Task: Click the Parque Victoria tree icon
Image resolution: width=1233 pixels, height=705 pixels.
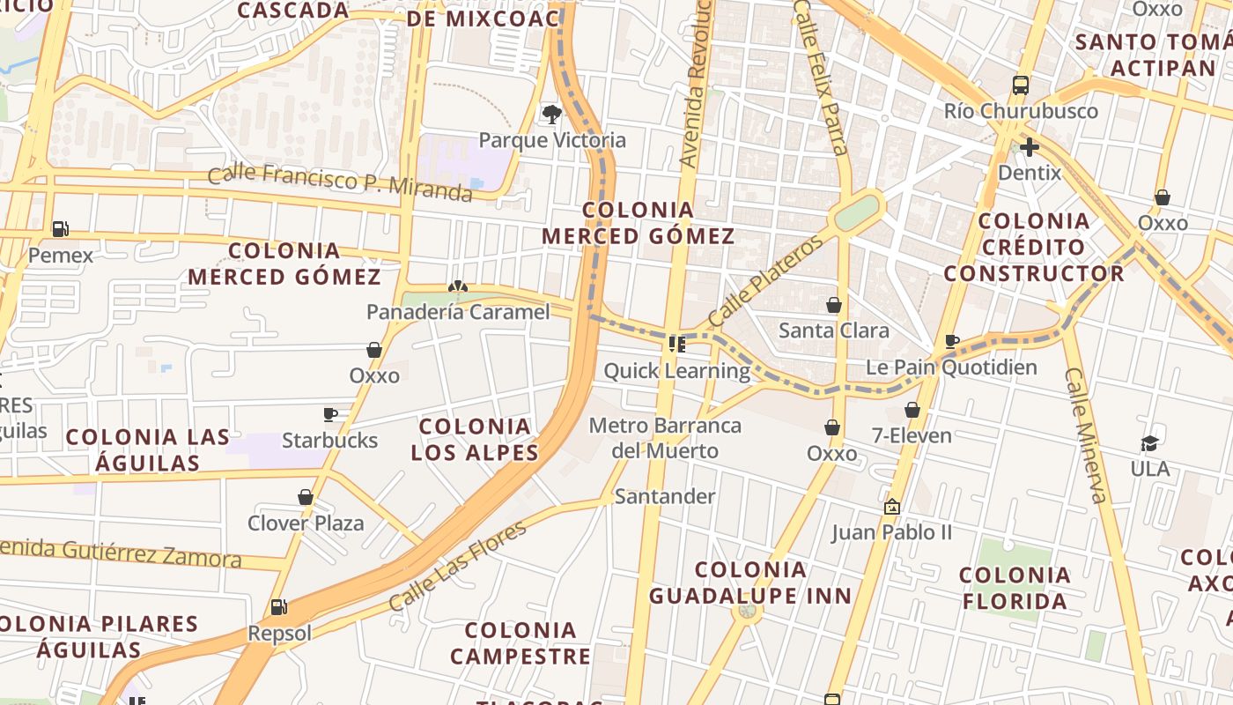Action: pyautogui.click(x=552, y=114)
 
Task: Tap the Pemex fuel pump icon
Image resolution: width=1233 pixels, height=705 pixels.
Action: pyautogui.click(x=60, y=229)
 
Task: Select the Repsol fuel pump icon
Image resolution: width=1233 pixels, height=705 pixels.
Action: pyautogui.click(x=279, y=606)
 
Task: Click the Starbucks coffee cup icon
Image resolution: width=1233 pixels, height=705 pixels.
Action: pyautogui.click(x=330, y=414)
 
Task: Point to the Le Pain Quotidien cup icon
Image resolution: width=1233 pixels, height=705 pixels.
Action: pyautogui.click(x=951, y=341)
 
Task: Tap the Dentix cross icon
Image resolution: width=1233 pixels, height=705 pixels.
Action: pyautogui.click(x=1029, y=146)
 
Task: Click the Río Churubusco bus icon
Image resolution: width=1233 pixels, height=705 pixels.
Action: pyautogui.click(x=1021, y=85)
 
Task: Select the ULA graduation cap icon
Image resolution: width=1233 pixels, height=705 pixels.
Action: pyautogui.click(x=1150, y=442)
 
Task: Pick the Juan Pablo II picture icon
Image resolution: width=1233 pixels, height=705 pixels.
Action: pyautogui.click(x=892, y=507)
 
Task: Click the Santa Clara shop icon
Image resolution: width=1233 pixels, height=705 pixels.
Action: pyautogui.click(x=834, y=305)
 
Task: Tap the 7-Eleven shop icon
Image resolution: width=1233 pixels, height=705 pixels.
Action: pyautogui.click(x=912, y=410)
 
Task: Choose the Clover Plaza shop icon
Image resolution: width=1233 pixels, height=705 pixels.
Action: pyautogui.click(x=306, y=497)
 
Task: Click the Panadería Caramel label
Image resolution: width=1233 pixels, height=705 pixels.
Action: pyautogui.click(x=458, y=312)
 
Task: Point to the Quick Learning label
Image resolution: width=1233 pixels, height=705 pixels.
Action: pyautogui.click(x=676, y=370)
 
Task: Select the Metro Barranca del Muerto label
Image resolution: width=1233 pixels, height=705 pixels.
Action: pyautogui.click(x=665, y=438)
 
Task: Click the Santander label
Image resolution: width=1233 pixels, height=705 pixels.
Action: pyautogui.click(x=665, y=496)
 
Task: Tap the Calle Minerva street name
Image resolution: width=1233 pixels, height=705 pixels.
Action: pyautogui.click(x=1085, y=435)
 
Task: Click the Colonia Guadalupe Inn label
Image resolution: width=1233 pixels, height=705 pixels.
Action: pyautogui.click(x=750, y=583)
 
